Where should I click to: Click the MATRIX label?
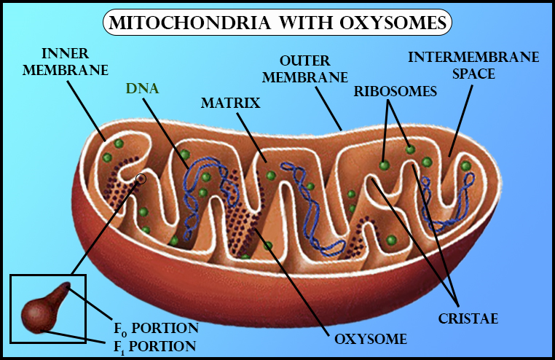click(230, 103)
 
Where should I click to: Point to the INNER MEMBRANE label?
click(74, 62)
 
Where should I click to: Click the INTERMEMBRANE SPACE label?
click(452, 66)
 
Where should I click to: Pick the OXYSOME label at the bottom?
click(370, 339)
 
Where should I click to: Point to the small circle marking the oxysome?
click(141, 178)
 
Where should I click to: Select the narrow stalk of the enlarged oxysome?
click(61, 294)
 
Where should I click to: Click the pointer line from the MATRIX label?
click(253, 135)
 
